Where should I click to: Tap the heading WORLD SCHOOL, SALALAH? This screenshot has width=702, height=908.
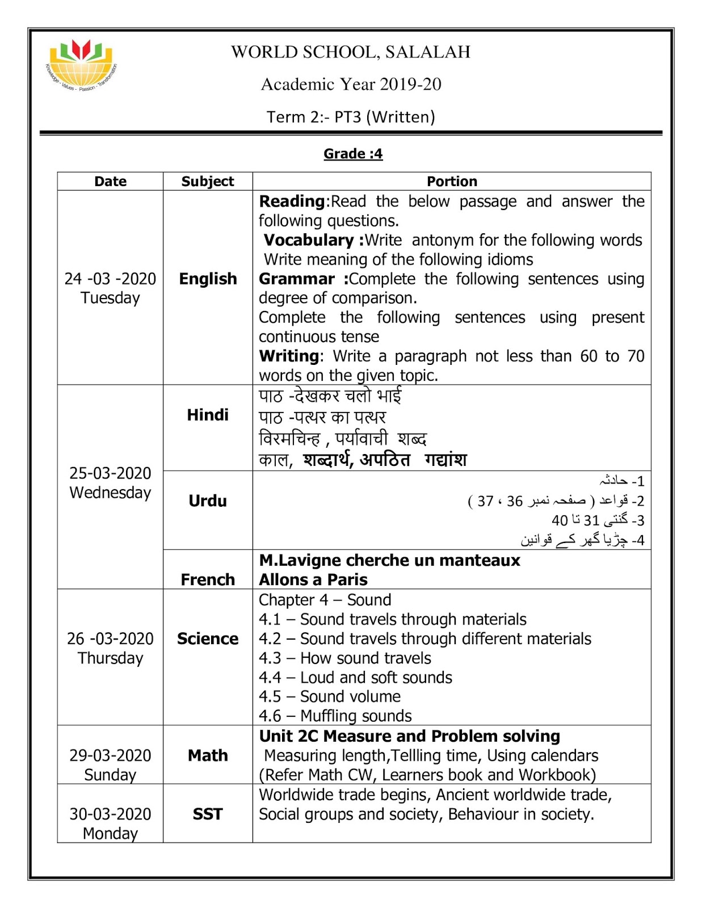tap(351, 52)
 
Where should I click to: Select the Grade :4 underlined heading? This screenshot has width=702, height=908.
tap(353, 154)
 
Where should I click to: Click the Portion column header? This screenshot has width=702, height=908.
tap(452, 182)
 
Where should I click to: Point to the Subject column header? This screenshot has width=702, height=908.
tap(208, 182)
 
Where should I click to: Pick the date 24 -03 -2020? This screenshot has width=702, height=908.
tap(110, 279)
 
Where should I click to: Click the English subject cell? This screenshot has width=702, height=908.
tap(208, 279)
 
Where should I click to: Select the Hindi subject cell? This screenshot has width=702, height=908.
tap(208, 415)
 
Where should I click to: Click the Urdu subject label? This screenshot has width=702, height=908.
tap(208, 501)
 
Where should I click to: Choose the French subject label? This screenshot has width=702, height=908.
tap(208, 579)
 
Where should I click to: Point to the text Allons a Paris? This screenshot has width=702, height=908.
tap(313, 579)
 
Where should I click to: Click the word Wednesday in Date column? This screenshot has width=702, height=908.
tap(110, 493)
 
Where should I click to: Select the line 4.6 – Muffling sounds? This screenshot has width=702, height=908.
tap(335, 716)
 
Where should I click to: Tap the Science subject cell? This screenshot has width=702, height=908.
tap(208, 638)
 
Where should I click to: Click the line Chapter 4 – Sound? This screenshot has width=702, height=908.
tap(325, 600)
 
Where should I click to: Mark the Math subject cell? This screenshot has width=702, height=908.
tap(208, 755)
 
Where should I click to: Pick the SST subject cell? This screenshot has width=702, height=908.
tap(208, 814)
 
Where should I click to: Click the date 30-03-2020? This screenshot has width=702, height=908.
tap(110, 814)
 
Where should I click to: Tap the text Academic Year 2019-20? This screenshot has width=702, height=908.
tap(351, 85)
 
